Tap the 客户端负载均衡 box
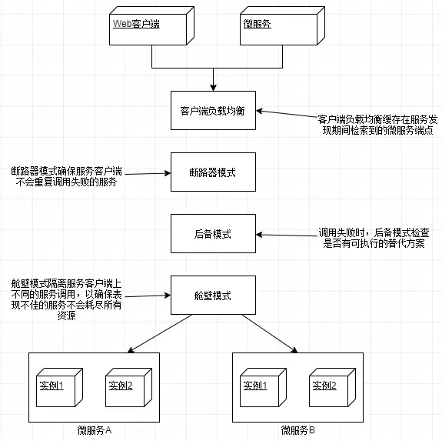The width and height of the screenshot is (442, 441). click(x=212, y=111)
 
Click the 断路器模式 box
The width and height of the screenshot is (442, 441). click(x=212, y=172)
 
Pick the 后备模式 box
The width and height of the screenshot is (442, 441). click(x=212, y=233)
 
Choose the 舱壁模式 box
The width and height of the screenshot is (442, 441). click(x=212, y=295)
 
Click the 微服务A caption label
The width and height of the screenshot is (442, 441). click(x=95, y=429)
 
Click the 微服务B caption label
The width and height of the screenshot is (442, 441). click(x=297, y=429)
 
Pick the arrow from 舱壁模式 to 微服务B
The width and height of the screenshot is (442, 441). click(x=269, y=333)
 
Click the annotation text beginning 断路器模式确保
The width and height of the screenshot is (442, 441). click(x=65, y=176)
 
